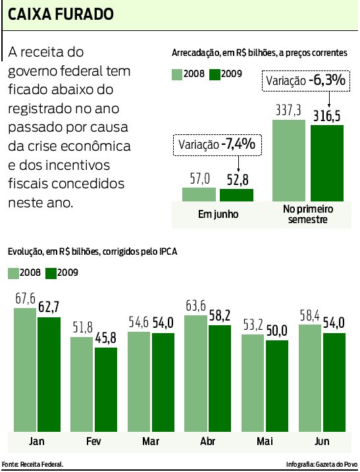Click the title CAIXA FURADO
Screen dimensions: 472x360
point(59,14)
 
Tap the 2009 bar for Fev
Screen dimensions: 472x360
point(105,388)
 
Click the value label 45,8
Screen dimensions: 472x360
point(106,339)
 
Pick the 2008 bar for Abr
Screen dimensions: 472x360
point(195,372)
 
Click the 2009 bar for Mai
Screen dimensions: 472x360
point(276,384)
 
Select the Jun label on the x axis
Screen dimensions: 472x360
point(322,440)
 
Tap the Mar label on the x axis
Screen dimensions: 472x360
point(151,440)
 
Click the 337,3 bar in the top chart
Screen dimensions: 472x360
point(289,160)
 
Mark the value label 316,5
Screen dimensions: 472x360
point(327,116)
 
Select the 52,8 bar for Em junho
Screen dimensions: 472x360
point(236,194)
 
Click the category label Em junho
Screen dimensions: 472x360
point(218,214)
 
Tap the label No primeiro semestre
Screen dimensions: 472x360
point(308,214)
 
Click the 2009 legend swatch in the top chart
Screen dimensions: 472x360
point(215,74)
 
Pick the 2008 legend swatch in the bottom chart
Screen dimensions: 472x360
point(14,273)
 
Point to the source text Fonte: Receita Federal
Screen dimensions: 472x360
point(33,465)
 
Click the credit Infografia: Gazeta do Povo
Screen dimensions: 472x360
point(321,465)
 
